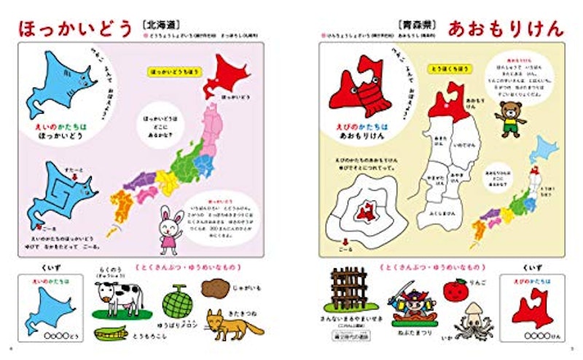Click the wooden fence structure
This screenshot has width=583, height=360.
click(348, 291)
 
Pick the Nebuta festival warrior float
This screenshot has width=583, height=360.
click(412, 306)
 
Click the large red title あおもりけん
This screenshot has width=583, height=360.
click(506, 30)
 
